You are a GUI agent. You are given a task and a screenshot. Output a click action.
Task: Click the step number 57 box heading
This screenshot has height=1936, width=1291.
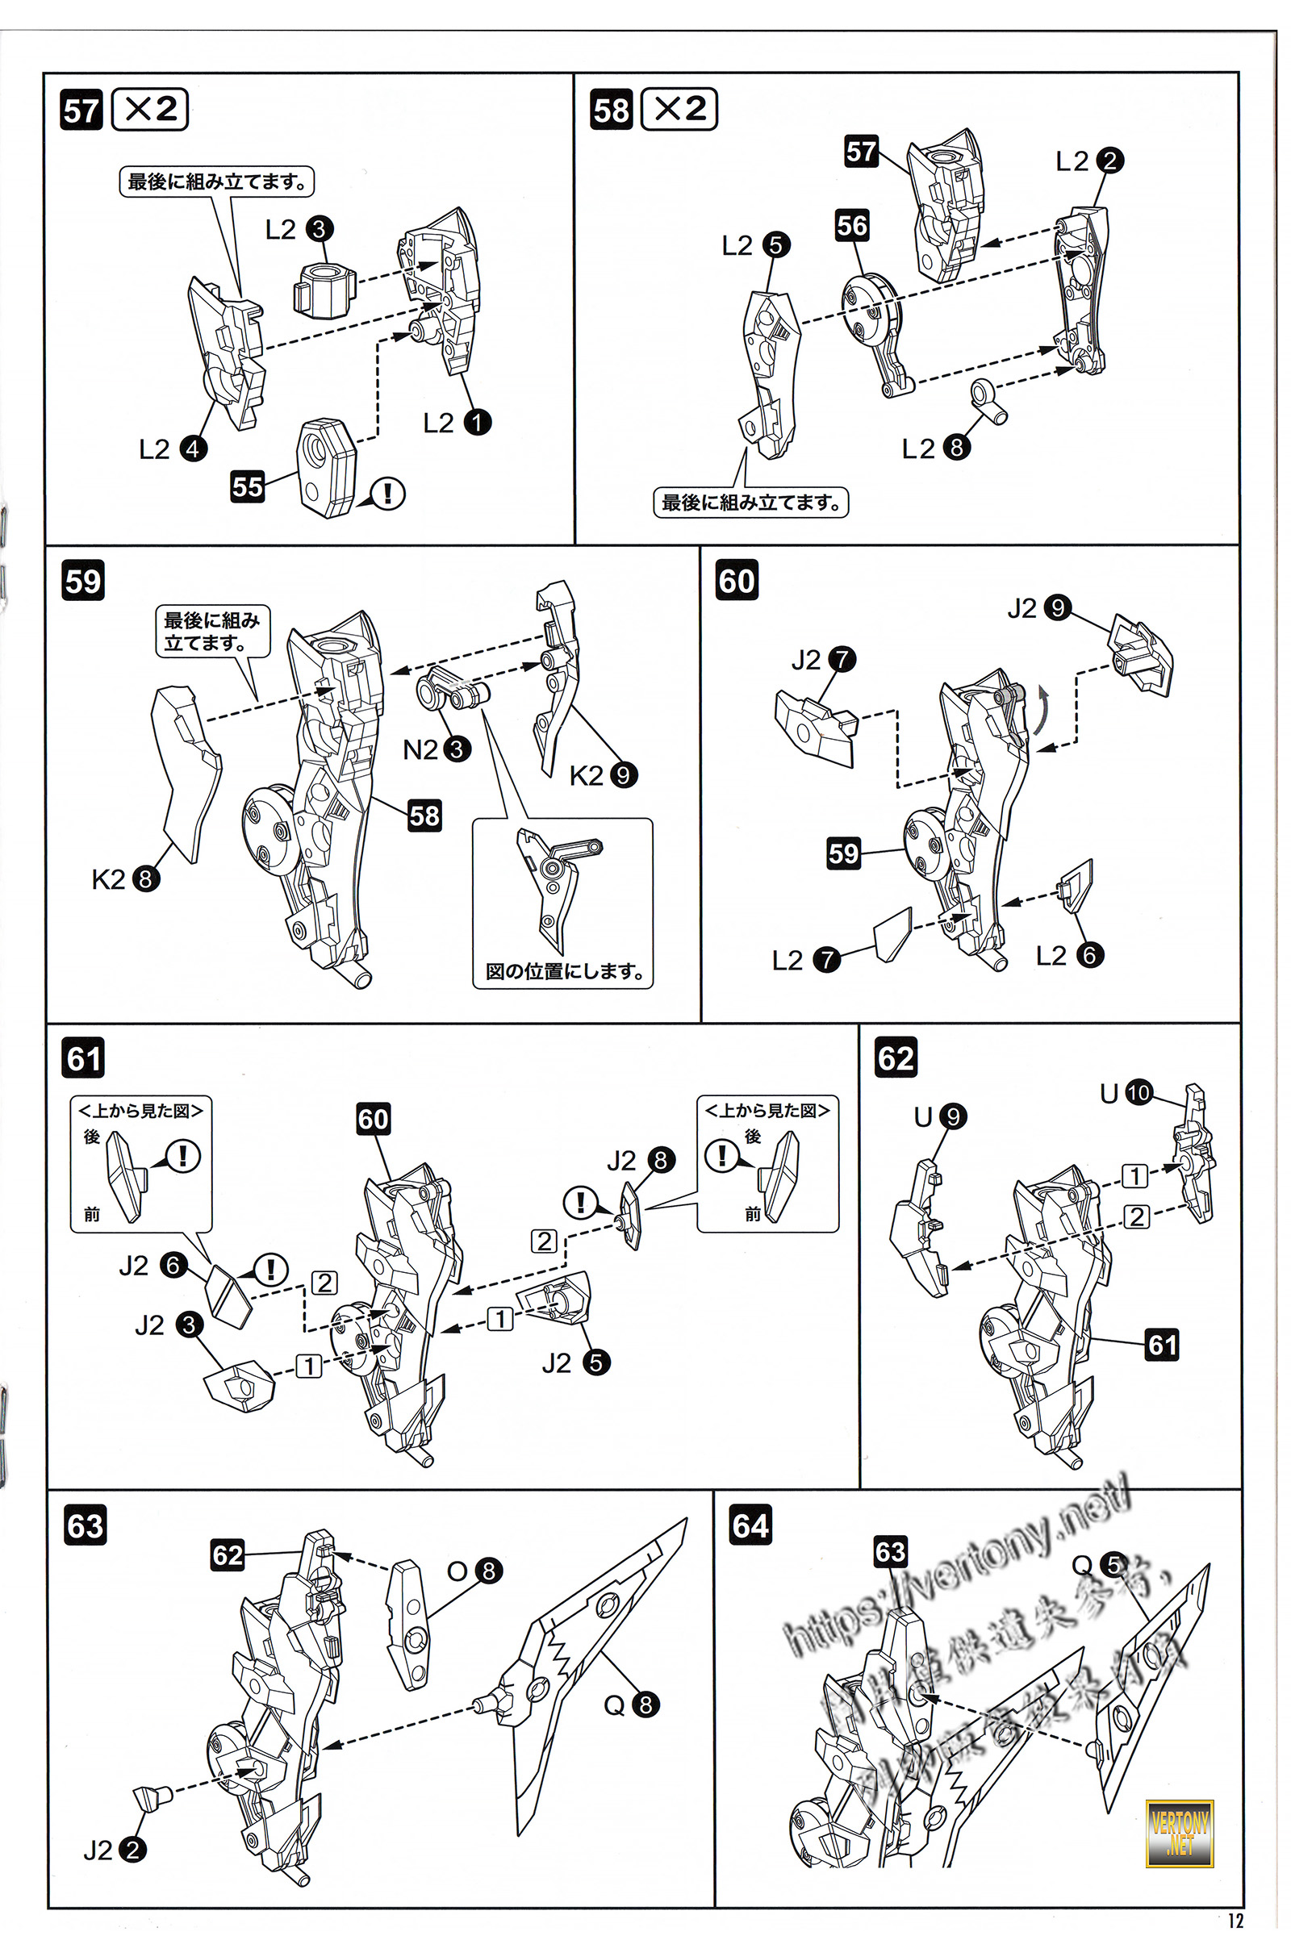[x=81, y=111]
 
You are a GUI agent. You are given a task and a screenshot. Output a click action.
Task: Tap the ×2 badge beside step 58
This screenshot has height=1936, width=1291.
[x=679, y=109]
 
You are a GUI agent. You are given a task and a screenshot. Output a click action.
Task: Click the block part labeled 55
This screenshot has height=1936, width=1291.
[x=327, y=467]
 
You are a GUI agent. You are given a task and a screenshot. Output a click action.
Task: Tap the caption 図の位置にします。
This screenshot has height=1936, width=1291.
[x=564, y=971]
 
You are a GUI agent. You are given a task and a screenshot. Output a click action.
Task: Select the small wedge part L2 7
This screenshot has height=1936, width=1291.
[x=892, y=935]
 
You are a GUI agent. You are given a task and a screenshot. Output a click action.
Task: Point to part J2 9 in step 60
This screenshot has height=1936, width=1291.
[x=1139, y=651]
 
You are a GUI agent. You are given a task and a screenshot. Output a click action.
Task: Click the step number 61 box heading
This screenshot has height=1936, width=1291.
[x=83, y=1058]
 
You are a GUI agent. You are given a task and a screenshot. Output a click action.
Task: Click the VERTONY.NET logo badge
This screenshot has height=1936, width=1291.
[x=1179, y=1834]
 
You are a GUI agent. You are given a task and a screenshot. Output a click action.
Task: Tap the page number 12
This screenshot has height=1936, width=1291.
[x=1235, y=1921]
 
